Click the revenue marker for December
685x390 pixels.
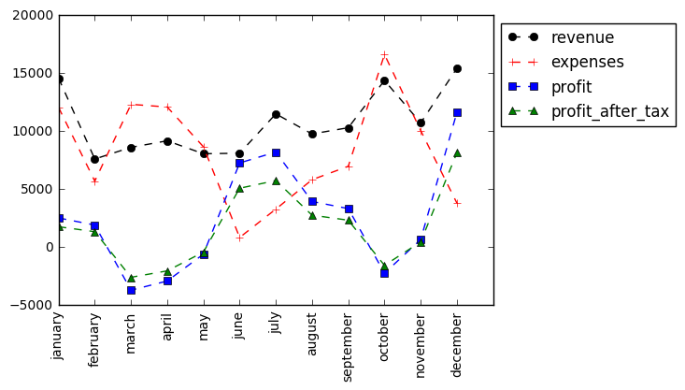pyautogui.click(x=457, y=68)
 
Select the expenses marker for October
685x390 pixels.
pyautogui.click(x=384, y=55)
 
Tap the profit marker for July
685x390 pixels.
pyautogui.click(x=276, y=152)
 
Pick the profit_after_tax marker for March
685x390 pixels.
pyautogui.click(x=131, y=278)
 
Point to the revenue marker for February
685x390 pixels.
pyautogui.click(x=94, y=159)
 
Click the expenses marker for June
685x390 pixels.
pyautogui.click(x=239, y=238)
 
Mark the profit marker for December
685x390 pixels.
pyautogui.click(x=457, y=112)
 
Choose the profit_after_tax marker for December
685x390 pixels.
pyautogui.click(x=457, y=152)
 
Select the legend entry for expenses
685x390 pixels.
pyautogui.click(x=587, y=62)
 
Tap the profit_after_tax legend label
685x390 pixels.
pyautogui.click(x=609, y=111)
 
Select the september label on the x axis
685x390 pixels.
pyautogui.click(x=349, y=346)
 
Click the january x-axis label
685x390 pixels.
pyautogui.click(x=59, y=335)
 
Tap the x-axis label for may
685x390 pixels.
pyautogui.click(x=204, y=326)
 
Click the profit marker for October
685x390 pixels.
pyautogui.click(x=384, y=273)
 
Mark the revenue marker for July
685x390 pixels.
pyautogui.click(x=276, y=114)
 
